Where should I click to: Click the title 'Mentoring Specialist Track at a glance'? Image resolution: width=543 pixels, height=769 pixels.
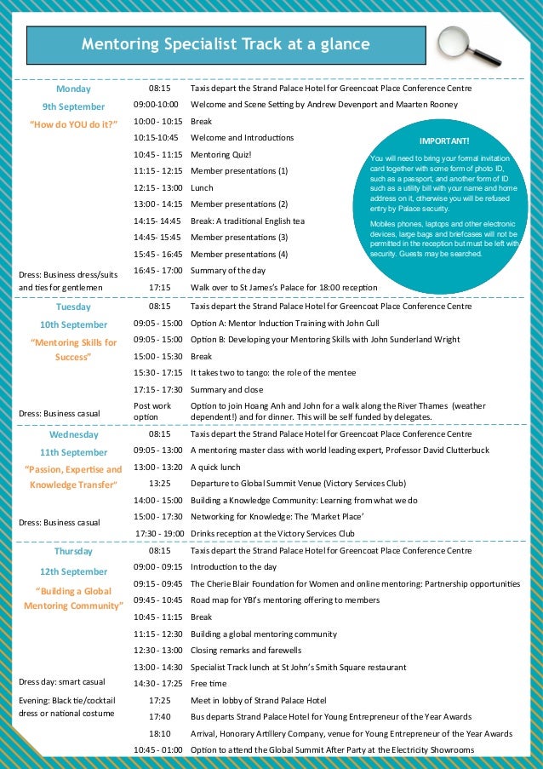pos(226,45)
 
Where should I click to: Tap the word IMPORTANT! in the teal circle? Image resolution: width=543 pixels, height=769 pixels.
pos(444,141)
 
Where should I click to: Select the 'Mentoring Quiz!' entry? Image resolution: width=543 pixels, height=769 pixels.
pos(221,154)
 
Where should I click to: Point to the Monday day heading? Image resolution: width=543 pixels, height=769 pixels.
pos(73,88)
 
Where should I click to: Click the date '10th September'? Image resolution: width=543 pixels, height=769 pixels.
pos(73,324)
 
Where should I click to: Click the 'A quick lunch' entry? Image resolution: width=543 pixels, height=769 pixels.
pos(215,467)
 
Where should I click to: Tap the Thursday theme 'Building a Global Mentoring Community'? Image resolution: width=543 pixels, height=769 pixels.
pos(73,598)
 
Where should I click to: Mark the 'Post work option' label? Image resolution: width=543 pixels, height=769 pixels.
pos(152,411)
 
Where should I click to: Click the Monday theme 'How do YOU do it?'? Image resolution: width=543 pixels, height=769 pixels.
pos(73,122)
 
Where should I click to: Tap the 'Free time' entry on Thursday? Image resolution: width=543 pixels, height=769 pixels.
pos(208,683)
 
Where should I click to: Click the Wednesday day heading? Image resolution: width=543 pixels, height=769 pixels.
pos(73,434)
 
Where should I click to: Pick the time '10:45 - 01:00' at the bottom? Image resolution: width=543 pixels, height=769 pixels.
pos(157,749)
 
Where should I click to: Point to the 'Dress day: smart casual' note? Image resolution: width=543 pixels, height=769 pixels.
pos(62,681)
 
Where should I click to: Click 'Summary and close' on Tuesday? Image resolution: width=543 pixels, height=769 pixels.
pos(226,389)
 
